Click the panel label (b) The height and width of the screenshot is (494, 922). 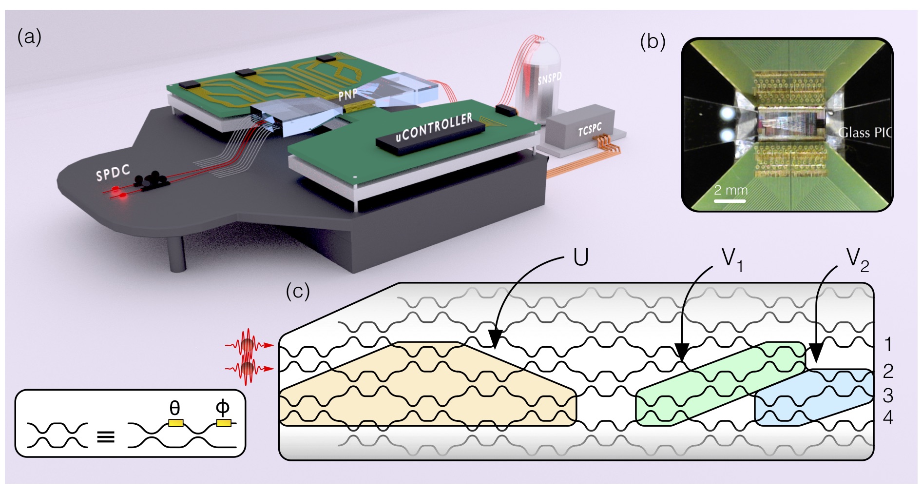(652, 42)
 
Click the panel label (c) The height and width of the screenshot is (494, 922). (298, 291)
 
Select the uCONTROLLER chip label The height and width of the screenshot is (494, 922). (434, 127)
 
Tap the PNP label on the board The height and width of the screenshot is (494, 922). (348, 94)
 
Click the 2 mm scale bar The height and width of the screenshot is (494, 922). (730, 200)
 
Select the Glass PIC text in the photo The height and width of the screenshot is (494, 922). (865, 133)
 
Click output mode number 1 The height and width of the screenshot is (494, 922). (888, 345)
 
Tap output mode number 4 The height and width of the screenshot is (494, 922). (888, 418)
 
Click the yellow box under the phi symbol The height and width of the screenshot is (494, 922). (224, 423)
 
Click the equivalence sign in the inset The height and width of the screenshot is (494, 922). (106, 436)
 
